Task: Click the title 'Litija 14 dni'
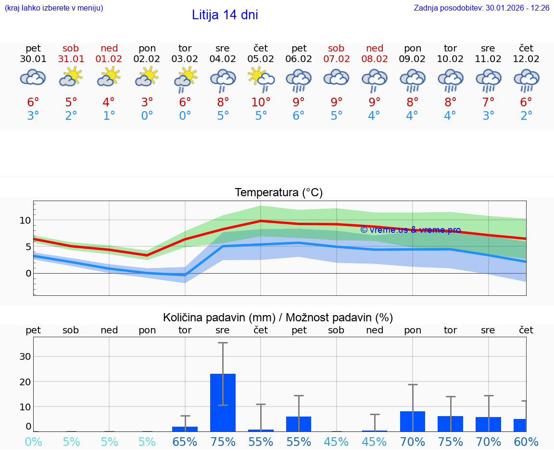point(225,15)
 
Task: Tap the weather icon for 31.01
point(71,77)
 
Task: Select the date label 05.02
point(261,59)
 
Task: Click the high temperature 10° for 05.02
point(261,102)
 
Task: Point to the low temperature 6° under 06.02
point(299,116)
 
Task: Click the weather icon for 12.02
point(526,79)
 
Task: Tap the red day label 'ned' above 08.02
point(375,48)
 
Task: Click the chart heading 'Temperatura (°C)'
point(278,193)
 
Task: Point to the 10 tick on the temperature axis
point(25,220)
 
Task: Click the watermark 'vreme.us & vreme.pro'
point(410,230)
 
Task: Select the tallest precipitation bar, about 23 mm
point(223,402)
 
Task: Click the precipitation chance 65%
point(185,442)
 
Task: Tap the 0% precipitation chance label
point(33,442)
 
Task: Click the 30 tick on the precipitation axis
point(25,356)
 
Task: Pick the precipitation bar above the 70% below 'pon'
point(413,421)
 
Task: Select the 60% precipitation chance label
point(526,442)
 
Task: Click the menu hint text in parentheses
point(54,8)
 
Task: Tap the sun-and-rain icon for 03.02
point(185,79)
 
